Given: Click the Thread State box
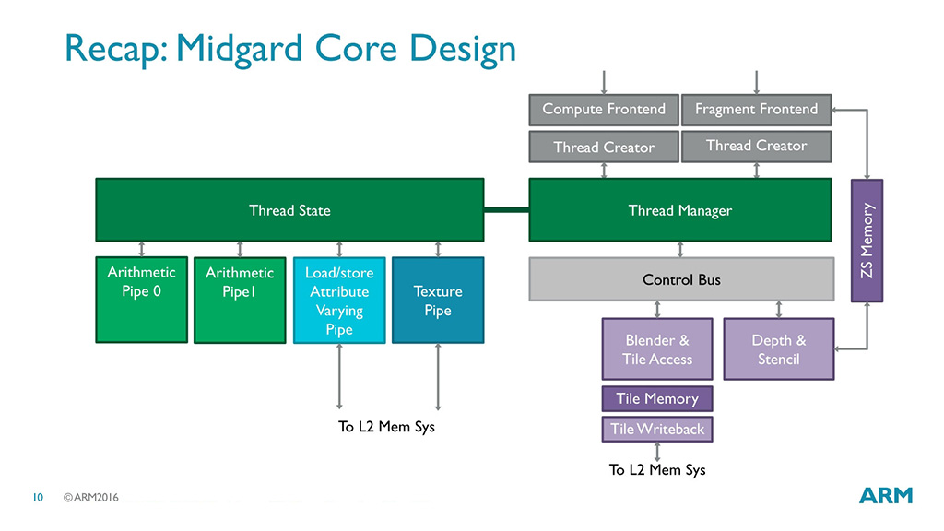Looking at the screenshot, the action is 289,209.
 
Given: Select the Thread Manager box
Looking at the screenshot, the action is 680,209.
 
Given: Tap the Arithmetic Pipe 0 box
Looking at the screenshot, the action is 141,300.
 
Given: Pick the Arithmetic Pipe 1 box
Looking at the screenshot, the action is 240,300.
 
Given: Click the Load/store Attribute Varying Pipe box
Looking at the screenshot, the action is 339,300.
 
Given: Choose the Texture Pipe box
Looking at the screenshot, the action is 438,300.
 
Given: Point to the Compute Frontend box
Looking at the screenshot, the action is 604,110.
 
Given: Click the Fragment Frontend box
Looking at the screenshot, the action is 756,110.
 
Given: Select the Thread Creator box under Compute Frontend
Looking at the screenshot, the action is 604,147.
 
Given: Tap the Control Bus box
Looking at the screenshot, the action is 681,279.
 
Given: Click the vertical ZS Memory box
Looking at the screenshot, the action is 867,241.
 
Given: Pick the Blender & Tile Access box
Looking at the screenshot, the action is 657,349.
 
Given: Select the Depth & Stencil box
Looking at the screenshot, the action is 778,349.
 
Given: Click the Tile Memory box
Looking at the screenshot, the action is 657,398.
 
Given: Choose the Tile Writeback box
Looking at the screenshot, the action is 657,430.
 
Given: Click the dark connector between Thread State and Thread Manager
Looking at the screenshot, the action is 506,210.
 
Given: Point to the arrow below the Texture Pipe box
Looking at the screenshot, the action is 438,377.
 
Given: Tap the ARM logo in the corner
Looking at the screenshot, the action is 886,495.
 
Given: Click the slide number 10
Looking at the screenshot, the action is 38,497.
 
